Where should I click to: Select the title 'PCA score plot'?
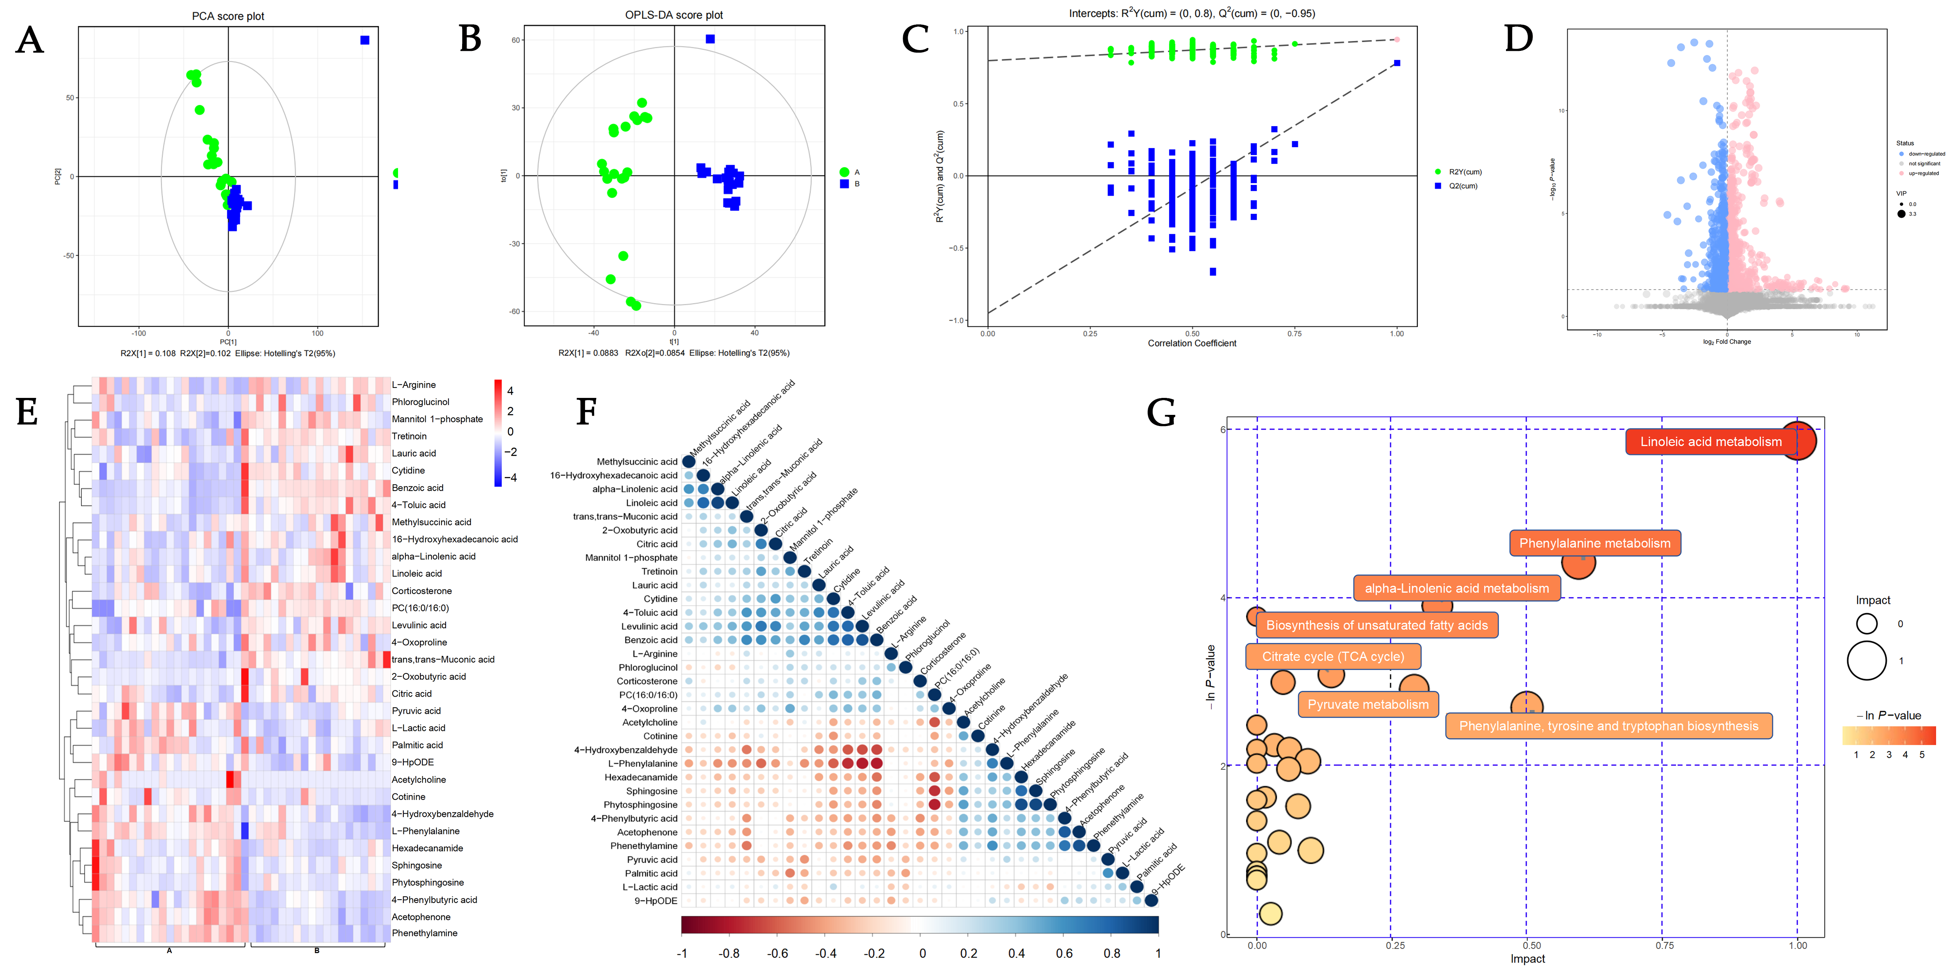pos(228,16)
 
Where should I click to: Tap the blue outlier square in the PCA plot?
pos(365,40)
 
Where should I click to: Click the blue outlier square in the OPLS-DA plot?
pos(710,39)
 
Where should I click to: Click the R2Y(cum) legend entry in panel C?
pos(1464,172)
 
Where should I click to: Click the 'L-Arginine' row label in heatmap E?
pos(414,385)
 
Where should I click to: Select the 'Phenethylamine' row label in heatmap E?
pos(424,933)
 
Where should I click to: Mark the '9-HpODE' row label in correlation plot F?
pos(655,901)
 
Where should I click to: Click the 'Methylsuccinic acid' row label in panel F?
pos(637,462)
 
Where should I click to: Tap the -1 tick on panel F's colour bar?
pos(682,953)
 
